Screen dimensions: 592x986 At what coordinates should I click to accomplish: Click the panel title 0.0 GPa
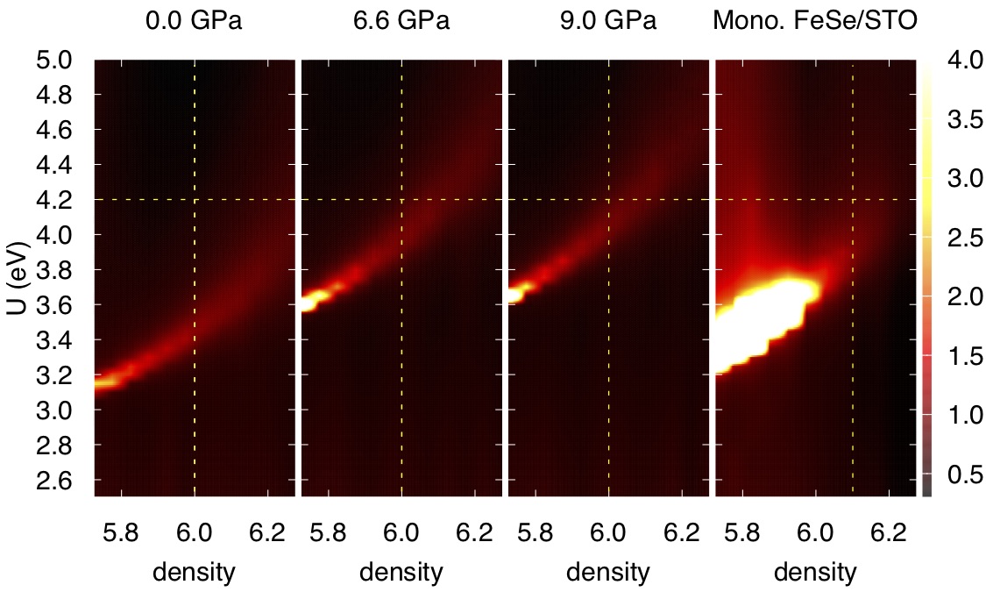194,21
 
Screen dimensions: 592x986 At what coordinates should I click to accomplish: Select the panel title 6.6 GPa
401,21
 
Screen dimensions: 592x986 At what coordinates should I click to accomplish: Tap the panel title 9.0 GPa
608,21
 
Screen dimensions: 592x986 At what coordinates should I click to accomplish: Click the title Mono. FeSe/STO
815,21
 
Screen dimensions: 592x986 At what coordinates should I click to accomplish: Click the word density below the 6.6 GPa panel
401,573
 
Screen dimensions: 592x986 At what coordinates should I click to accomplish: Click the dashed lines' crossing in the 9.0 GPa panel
608,200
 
